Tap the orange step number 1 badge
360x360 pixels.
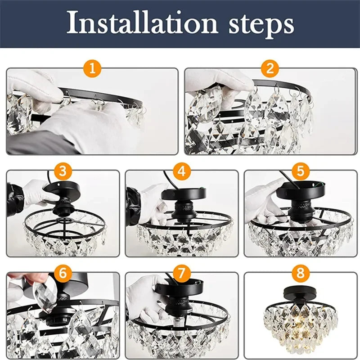(92, 69)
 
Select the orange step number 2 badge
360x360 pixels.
(270, 69)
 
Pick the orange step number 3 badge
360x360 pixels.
(63, 171)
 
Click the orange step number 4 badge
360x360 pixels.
(181, 171)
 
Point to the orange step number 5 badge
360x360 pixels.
(301, 171)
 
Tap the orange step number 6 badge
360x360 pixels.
(63, 272)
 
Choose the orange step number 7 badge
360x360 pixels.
(181, 272)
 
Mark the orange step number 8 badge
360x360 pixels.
(301, 272)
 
